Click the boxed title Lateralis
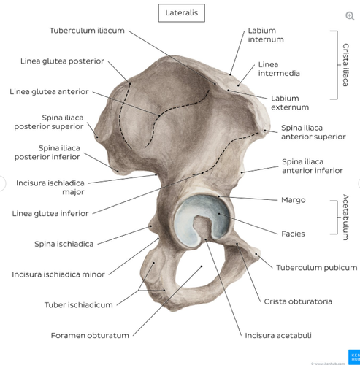coord(182,13)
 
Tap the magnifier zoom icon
coord(350,16)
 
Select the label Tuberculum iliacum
coord(87,31)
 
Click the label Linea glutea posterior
coord(62,61)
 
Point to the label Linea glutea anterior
coord(49,92)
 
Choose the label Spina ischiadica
coord(64,244)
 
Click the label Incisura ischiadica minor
coord(58,274)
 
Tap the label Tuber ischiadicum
coord(79,305)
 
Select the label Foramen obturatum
coord(90,336)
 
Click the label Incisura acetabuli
coord(278,336)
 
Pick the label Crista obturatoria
coord(298,301)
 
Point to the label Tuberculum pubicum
coord(317,268)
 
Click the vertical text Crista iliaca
coord(345,65)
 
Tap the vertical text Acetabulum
coord(345,218)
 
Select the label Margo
coord(294,200)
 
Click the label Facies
coord(293,234)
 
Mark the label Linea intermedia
coord(279,69)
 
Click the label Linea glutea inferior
coord(50,213)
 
